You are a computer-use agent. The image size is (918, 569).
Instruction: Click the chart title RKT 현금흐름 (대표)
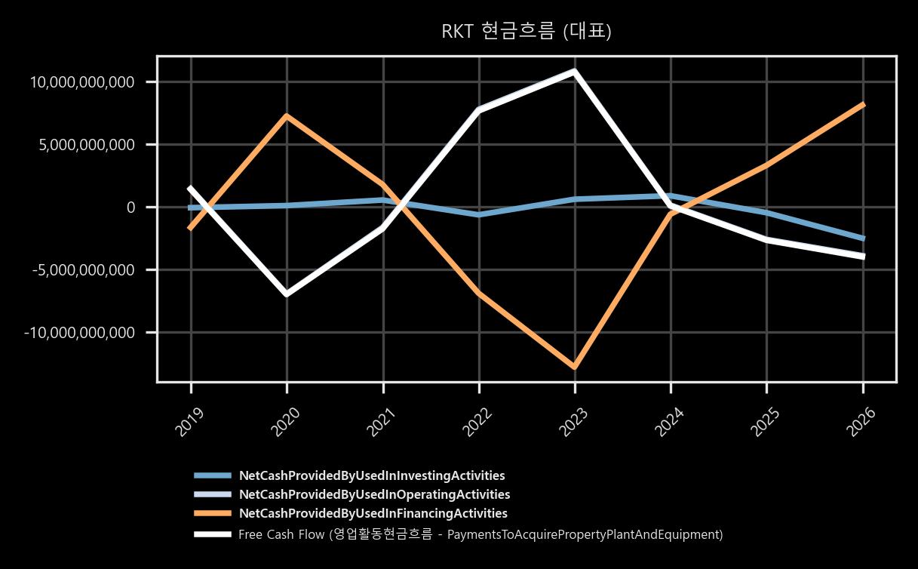click(527, 31)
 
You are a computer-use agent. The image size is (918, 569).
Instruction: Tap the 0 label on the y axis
click(130, 208)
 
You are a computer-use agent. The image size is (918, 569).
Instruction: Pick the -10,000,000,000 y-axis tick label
click(79, 333)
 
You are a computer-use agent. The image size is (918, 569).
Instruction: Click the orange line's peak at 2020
click(287, 115)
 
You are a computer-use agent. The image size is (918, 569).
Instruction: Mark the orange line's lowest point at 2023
click(575, 367)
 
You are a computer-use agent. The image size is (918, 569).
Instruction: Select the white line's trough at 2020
click(287, 294)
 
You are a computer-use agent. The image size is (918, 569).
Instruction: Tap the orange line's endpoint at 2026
click(863, 105)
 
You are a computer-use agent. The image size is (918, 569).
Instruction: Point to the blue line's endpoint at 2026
click(863, 238)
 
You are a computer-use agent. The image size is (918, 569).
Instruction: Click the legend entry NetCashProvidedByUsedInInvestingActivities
click(372, 475)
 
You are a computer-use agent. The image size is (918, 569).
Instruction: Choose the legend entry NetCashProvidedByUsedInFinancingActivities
click(373, 513)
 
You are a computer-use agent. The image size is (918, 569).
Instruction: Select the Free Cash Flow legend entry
click(480, 534)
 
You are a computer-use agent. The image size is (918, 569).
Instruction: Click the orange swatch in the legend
click(213, 513)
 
